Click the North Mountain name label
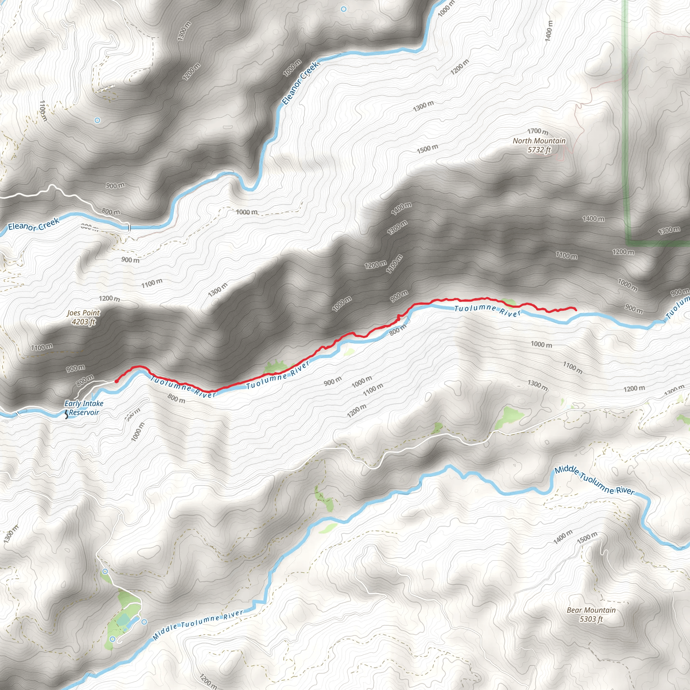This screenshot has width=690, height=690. coord(539,141)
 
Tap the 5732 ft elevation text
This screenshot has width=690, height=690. coord(539,150)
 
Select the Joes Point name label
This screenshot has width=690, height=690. coord(84,313)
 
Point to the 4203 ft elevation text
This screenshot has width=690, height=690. coord(84,322)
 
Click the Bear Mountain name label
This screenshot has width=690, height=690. coord(591,610)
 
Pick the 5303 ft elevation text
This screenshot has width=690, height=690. coord(591,619)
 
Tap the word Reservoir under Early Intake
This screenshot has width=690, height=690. coord(84,412)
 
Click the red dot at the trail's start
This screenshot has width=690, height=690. coord(117,381)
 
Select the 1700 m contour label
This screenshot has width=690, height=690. coord(537,131)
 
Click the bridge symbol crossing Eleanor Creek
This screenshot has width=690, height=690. coord(129,227)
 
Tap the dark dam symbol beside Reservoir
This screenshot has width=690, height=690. coord(66,415)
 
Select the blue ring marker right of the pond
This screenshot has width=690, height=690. coord(144,622)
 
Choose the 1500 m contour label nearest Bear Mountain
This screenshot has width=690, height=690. coord(587,537)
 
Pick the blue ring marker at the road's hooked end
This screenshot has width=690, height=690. coord(113,639)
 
